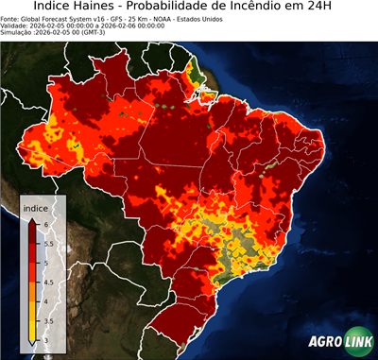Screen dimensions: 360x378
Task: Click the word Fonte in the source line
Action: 11,17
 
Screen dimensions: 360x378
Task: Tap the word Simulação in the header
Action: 19,32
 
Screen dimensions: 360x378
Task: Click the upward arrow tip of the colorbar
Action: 32,219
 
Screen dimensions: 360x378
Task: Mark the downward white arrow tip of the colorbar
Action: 32,345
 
